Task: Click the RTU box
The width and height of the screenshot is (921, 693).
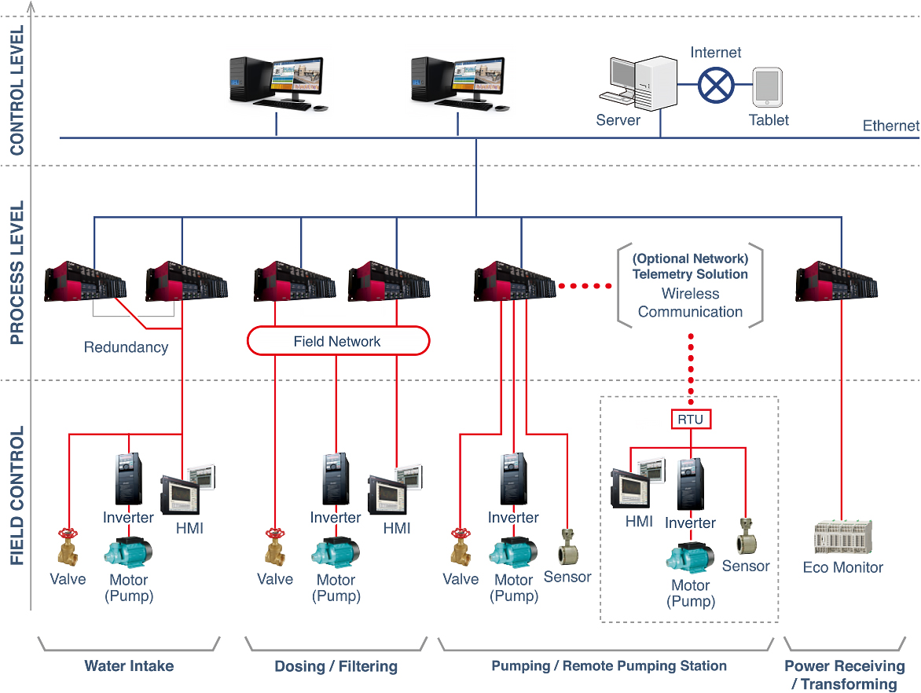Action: pyautogui.click(x=691, y=420)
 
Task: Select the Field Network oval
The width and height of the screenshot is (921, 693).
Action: pyautogui.click(x=338, y=341)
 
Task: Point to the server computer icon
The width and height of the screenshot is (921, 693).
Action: pyautogui.click(x=638, y=82)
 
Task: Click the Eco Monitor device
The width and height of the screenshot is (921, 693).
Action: pyautogui.click(x=842, y=538)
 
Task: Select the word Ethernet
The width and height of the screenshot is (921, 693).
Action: pyautogui.click(x=890, y=126)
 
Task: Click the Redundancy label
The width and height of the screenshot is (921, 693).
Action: pyautogui.click(x=126, y=346)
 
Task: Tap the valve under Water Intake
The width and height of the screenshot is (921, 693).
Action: pyautogui.click(x=68, y=547)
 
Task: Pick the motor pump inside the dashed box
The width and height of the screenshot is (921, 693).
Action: pyautogui.click(x=690, y=557)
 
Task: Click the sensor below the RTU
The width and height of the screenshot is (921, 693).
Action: pyautogui.click(x=745, y=537)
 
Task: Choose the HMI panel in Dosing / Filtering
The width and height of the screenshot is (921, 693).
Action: pyautogui.click(x=394, y=492)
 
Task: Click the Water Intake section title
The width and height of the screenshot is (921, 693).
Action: pyautogui.click(x=129, y=666)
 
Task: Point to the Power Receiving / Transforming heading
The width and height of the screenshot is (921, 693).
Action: pyautogui.click(x=844, y=675)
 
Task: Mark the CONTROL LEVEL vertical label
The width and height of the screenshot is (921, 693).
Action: pyautogui.click(x=17, y=90)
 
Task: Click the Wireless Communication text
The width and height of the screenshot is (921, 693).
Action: pyautogui.click(x=690, y=302)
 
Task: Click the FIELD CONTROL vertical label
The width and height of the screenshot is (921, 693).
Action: pyautogui.click(x=17, y=496)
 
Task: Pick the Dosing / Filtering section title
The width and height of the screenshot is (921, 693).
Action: pyautogui.click(x=336, y=666)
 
